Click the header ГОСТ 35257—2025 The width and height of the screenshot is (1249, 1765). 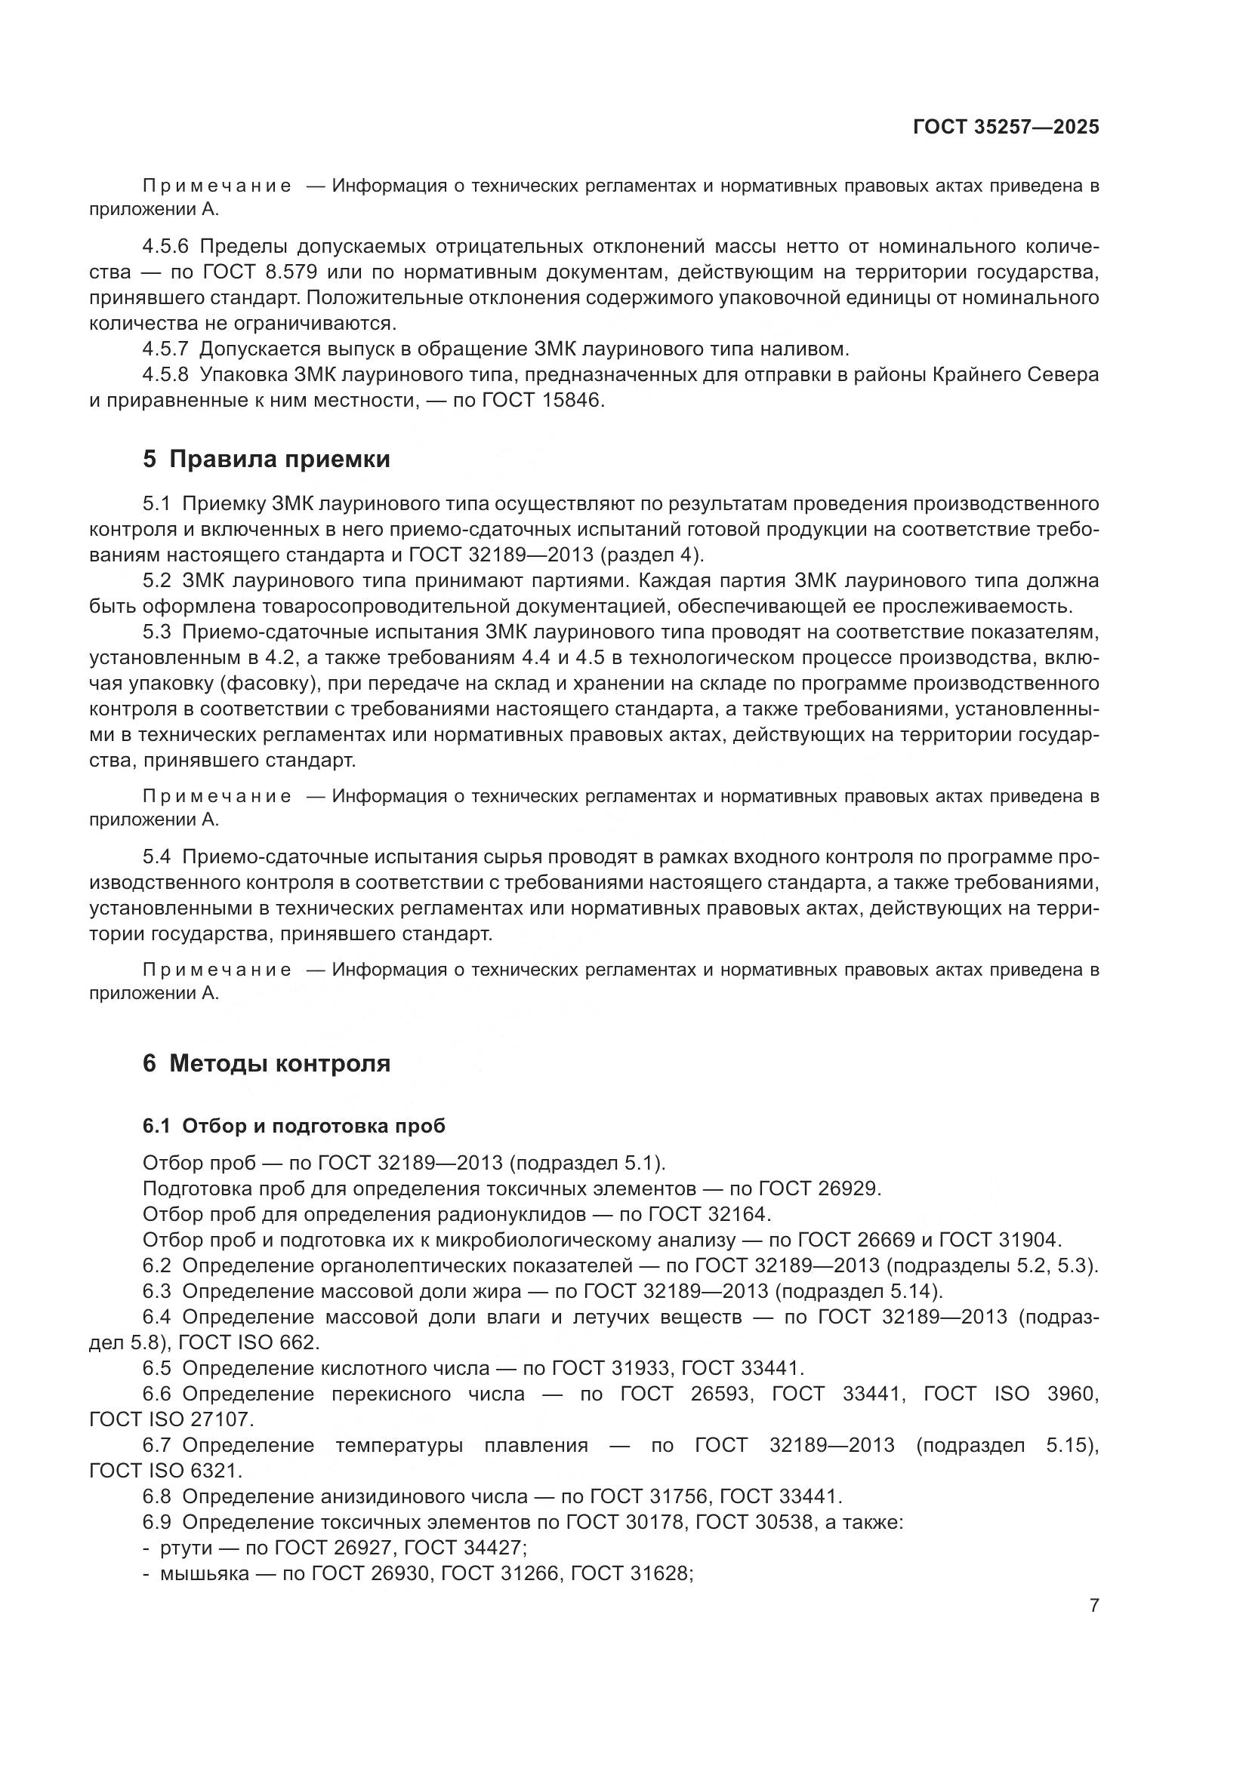[1005, 128]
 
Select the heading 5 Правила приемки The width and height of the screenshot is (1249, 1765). [266, 459]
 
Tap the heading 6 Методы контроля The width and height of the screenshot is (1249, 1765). [266, 1063]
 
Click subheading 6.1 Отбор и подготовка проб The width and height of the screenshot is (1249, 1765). [294, 1125]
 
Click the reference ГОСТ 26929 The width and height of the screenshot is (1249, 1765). [818, 1188]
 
